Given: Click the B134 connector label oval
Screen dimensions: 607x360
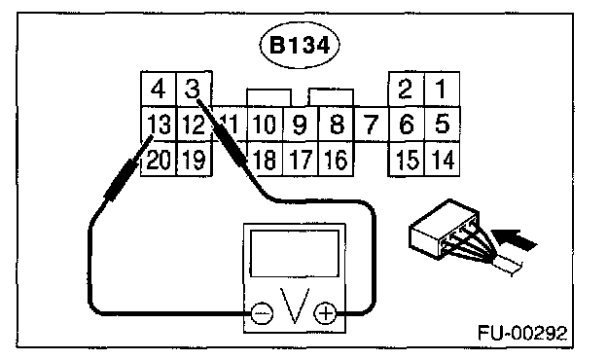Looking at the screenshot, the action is coord(300,46).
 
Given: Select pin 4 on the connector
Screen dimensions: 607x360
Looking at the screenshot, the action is coord(158,89).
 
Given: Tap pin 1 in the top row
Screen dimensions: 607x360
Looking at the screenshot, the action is coord(442,89).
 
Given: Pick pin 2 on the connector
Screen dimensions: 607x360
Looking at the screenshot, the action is coord(406,89).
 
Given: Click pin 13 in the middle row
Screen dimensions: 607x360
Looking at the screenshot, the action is coord(158,124).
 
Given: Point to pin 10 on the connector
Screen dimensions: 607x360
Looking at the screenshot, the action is coord(265,124).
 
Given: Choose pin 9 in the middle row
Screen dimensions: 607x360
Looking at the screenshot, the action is coord(301,124).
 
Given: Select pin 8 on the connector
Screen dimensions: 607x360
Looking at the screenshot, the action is coord(336,124).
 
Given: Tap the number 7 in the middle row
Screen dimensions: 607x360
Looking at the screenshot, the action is coord(371,124).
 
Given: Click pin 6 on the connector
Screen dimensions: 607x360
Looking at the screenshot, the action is coord(406,124).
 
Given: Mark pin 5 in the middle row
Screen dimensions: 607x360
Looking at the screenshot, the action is coord(442,124).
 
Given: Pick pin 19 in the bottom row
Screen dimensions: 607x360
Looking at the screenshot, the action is coord(194,160).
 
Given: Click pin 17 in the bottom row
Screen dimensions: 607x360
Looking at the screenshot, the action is coord(301,160).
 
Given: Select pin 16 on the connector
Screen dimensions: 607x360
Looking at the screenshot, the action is coord(336,160).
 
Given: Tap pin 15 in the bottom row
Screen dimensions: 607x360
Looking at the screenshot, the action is coord(407,160).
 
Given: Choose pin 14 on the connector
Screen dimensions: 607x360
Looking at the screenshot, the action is coord(442,160).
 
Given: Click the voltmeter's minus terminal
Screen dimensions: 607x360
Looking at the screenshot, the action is coord(262,312).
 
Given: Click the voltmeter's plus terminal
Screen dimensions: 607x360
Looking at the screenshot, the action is coord(325,312).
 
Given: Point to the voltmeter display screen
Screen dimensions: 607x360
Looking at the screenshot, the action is coord(295,254).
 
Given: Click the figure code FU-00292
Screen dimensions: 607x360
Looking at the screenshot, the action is coord(522,333).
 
